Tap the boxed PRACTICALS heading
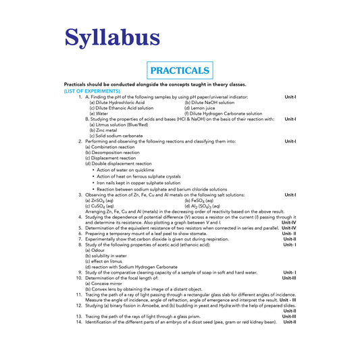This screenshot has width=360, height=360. click(x=179, y=70)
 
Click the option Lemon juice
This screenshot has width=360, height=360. click(x=203, y=107)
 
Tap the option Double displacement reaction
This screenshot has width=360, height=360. click(x=118, y=163)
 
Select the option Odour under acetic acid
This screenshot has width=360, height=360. click(x=97, y=250)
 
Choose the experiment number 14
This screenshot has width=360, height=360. click(x=79, y=322)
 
